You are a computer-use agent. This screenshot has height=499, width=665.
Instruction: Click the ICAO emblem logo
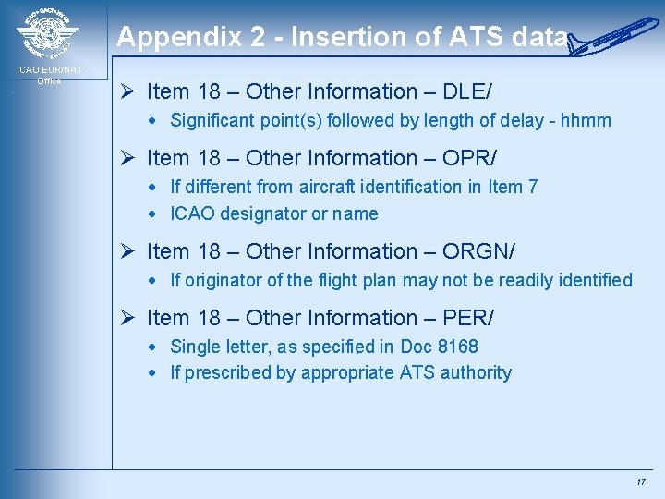point(47,35)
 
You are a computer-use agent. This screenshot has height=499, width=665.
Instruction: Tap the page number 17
point(640,482)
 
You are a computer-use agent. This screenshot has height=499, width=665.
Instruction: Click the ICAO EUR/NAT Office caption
point(49,75)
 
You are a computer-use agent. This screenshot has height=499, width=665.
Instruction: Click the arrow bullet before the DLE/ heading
point(129,91)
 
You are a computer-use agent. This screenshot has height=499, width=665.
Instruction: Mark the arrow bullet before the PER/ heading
point(129,318)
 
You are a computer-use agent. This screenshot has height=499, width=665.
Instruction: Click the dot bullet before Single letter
point(158,347)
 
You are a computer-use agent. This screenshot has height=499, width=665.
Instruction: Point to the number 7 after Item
point(532,187)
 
